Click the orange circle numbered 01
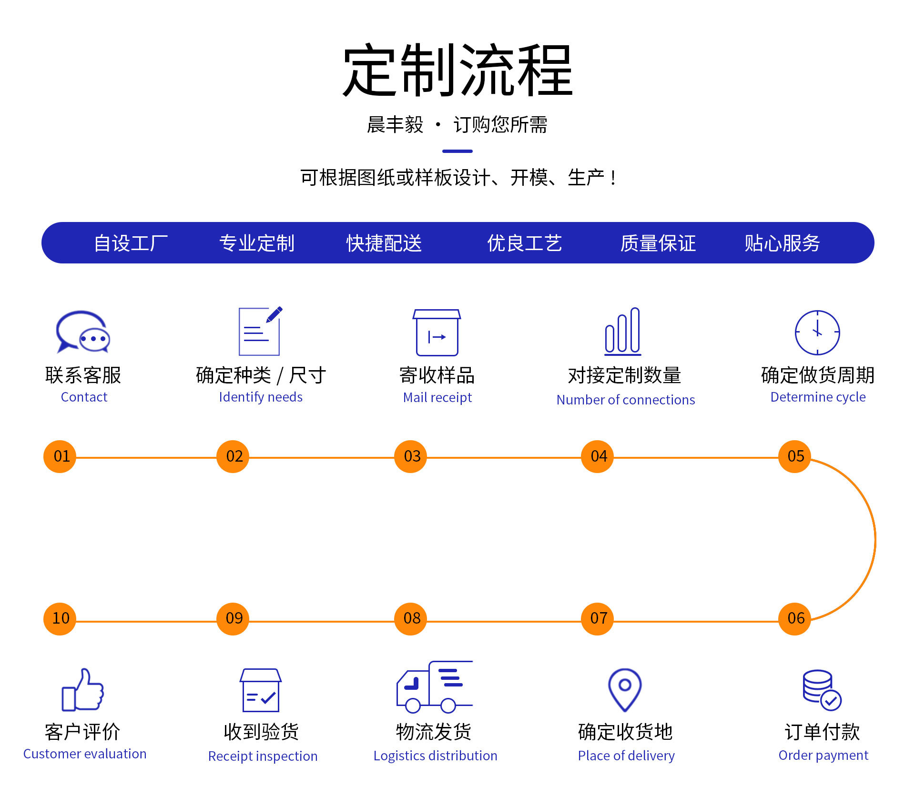tap(60, 456)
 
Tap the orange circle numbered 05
tap(794, 456)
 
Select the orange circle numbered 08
tap(411, 618)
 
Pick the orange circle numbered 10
tap(60, 618)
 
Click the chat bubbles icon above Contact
tap(83, 332)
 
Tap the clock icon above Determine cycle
tap(817, 333)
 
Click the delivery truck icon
tap(435, 686)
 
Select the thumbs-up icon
tap(83, 689)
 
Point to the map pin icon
tap(625, 690)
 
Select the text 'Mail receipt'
tap(437, 397)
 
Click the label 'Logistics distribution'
tap(435, 756)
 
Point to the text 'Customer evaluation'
tap(85, 754)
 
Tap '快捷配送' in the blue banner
tap(384, 243)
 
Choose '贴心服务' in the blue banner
tap(783, 243)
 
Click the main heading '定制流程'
tap(457, 70)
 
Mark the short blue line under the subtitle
tap(457, 151)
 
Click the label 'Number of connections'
tap(626, 400)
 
